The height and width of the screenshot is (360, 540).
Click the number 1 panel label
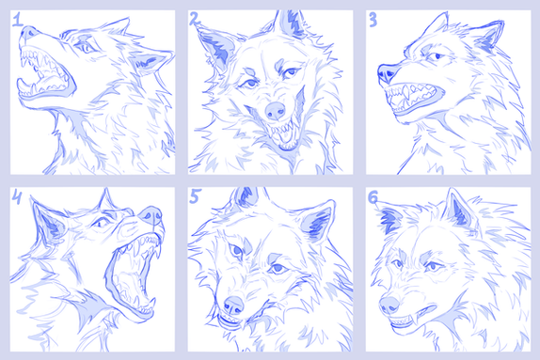(x=17, y=20)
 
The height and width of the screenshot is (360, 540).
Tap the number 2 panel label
(x=195, y=19)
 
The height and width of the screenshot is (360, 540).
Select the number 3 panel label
(x=373, y=21)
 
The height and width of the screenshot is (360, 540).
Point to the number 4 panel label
(x=17, y=196)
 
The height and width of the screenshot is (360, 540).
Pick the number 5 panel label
(x=195, y=196)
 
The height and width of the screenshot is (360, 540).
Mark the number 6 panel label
(x=373, y=197)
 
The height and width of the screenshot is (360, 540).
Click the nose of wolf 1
(x=27, y=32)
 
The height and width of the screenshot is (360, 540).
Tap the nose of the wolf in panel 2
(x=276, y=110)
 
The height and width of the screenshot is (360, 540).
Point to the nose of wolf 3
(x=387, y=73)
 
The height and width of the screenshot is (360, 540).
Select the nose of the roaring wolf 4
(x=151, y=215)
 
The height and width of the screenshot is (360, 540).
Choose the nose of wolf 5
(x=234, y=305)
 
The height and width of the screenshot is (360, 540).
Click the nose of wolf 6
(x=389, y=305)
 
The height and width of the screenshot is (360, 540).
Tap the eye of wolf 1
(x=87, y=48)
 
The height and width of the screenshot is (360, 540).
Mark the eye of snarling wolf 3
(x=437, y=56)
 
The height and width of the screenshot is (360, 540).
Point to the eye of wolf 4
(x=100, y=224)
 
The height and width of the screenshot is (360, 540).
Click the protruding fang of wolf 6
(x=418, y=316)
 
